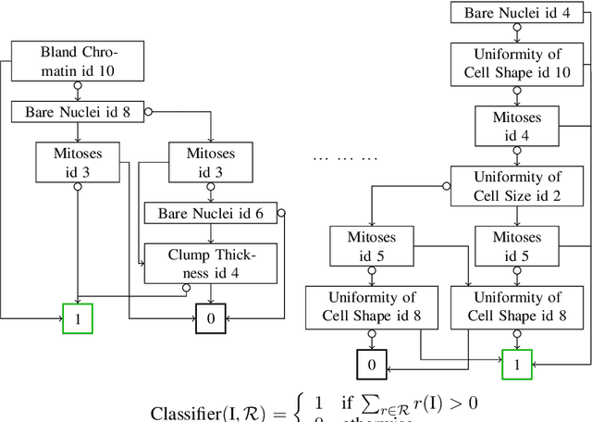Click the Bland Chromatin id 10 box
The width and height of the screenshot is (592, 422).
click(80, 58)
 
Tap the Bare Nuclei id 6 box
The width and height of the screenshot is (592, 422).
click(210, 214)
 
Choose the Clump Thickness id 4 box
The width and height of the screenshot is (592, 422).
click(210, 264)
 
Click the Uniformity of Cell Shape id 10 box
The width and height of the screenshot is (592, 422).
click(516, 64)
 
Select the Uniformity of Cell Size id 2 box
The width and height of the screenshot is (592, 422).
click(516, 186)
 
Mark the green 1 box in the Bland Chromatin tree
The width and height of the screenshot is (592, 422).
click(78, 318)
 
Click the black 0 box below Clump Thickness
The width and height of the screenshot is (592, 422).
click(211, 318)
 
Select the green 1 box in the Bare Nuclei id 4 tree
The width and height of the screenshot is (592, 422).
click(516, 365)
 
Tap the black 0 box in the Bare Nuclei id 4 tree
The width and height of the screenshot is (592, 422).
click(372, 365)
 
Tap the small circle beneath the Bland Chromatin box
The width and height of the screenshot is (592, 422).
click(79, 85)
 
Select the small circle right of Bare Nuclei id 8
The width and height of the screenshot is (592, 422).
click(148, 113)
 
